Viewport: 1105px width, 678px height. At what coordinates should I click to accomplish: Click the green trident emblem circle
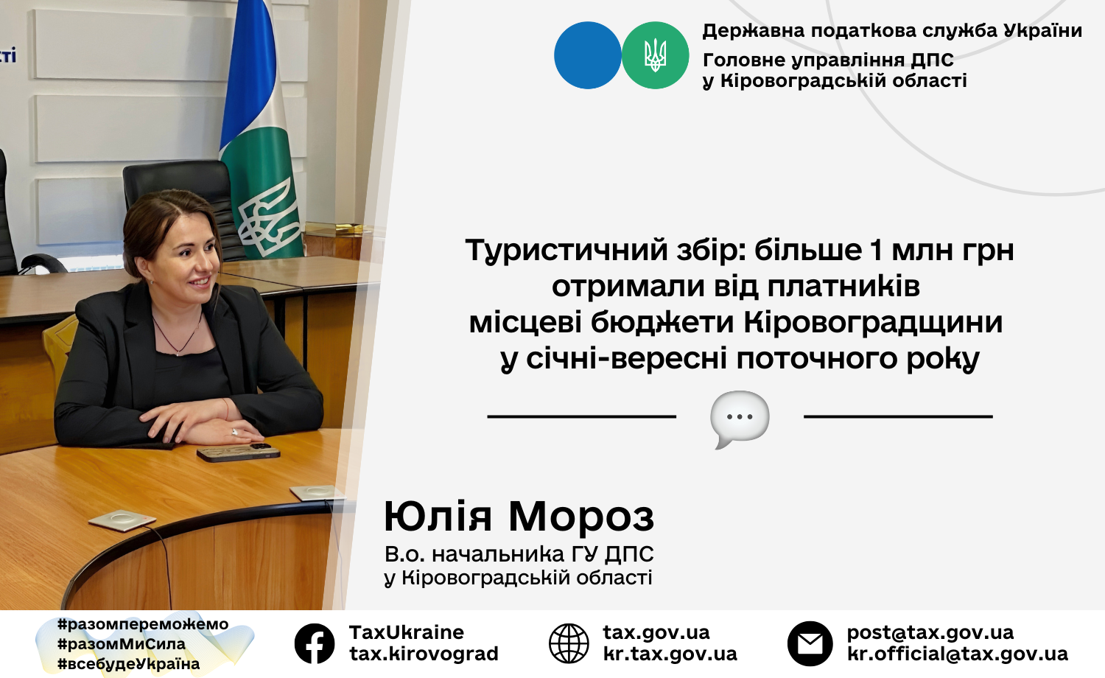click(655, 55)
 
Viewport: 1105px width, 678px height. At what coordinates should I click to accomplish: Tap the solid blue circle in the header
click(588, 55)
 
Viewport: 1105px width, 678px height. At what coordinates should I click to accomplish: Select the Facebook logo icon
click(315, 643)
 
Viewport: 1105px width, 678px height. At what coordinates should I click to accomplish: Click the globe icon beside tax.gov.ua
click(569, 643)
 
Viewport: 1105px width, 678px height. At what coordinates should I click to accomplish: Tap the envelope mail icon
click(810, 643)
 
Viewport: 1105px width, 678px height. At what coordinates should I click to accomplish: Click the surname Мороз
click(581, 517)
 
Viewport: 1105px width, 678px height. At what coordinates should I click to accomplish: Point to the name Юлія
click(438, 517)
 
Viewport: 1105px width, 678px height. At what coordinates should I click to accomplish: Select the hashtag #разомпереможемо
click(143, 624)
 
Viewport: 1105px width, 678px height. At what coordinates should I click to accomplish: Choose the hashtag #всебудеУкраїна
click(129, 664)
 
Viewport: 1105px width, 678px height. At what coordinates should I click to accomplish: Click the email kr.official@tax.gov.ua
click(958, 654)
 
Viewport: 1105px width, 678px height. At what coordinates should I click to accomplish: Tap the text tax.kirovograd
click(424, 654)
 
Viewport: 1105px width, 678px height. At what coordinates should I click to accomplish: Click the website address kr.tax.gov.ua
click(670, 654)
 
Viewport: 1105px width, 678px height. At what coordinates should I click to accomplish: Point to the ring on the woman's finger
click(235, 432)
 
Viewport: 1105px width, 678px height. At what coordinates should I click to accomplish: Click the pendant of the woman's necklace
click(177, 353)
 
